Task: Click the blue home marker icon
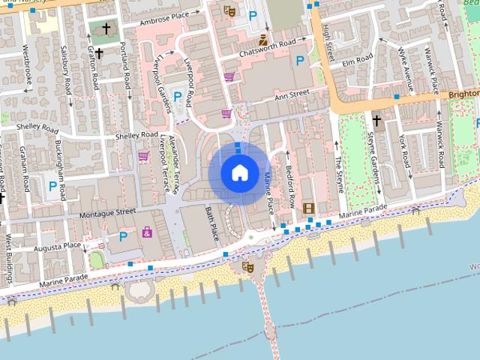[239, 172]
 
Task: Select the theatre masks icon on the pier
[247, 266]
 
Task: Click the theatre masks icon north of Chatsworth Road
[229, 10]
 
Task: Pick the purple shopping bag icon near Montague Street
[146, 232]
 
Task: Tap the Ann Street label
[292, 94]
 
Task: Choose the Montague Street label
[106, 213]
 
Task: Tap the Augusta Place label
[61, 245]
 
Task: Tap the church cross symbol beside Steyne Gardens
[376, 119]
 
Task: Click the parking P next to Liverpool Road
[178, 96]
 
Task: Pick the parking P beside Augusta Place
[123, 237]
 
